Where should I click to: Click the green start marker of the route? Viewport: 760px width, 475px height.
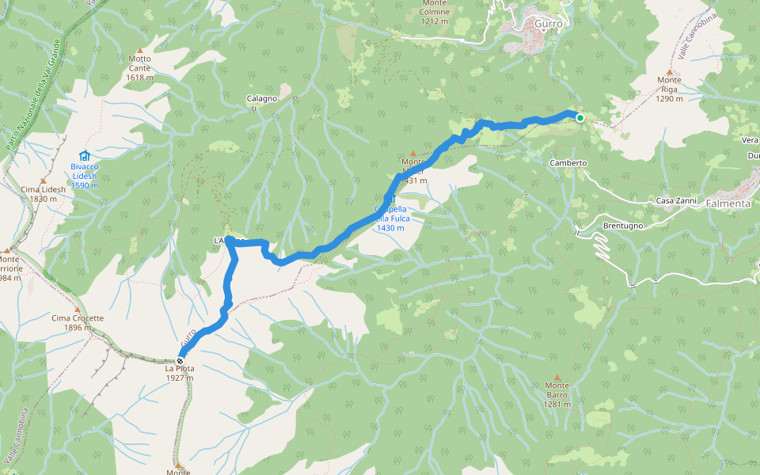pos(579,118)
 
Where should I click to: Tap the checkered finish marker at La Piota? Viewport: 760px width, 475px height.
pos(180,359)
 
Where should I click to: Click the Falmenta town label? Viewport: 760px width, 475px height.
pos(730,203)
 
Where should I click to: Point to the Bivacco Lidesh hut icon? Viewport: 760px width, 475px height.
pos(84,156)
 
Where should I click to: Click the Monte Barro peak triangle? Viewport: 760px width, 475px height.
pos(557,377)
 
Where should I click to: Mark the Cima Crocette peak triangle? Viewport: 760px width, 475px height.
pos(78,310)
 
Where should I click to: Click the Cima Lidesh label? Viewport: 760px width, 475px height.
pos(39,189)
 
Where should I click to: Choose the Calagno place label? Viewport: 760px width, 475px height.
pos(262,98)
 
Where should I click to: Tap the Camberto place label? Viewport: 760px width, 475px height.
pos(568,162)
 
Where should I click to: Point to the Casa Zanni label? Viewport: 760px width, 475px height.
pos(676,201)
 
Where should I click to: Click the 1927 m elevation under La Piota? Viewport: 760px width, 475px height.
pos(180,378)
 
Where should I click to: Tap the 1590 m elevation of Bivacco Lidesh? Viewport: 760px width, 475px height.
pos(84,185)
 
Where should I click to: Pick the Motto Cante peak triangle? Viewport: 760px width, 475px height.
pos(140,51)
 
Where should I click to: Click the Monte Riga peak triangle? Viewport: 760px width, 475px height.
pos(669,70)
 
